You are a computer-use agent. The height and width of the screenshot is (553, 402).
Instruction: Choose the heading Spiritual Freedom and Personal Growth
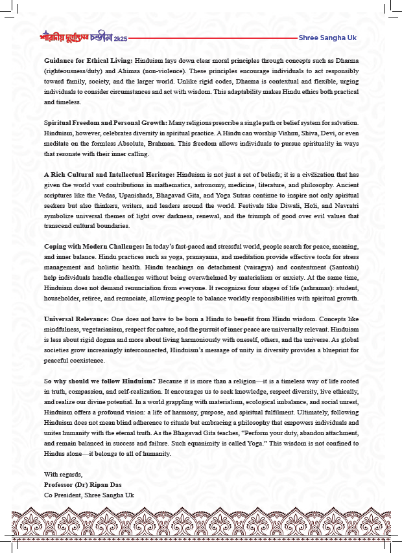pos(105,122)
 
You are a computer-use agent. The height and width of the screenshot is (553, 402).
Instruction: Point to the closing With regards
pos(60,474)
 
